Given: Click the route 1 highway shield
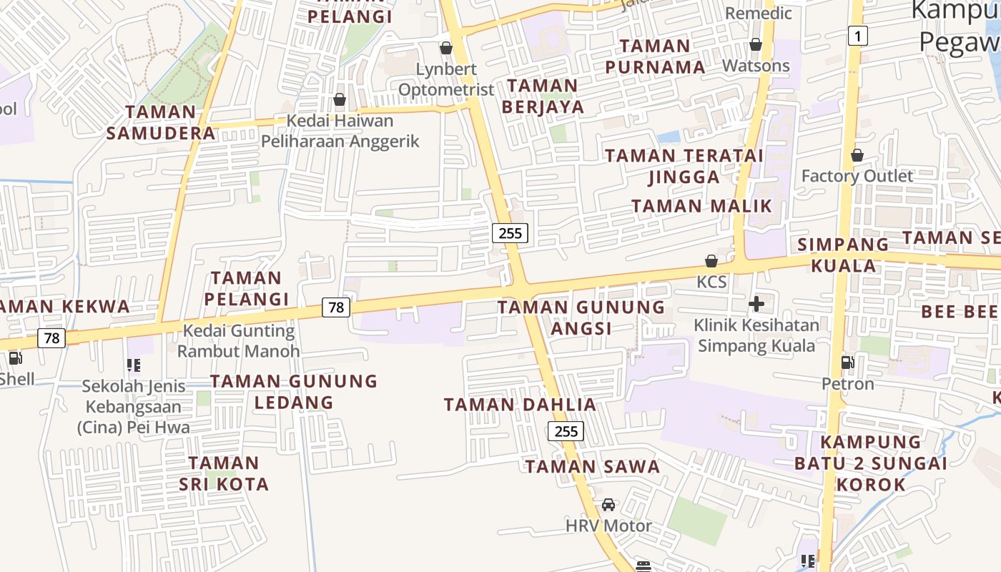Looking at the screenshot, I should pyautogui.click(x=858, y=35).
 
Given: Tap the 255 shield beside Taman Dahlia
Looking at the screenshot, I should pyautogui.click(x=566, y=431).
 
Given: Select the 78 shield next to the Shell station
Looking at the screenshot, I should pyautogui.click(x=51, y=337).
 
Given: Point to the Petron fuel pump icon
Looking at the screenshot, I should pyautogui.click(x=848, y=363).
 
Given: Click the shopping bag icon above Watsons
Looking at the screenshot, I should pyautogui.click(x=756, y=45).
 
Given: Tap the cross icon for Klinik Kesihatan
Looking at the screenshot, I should pyautogui.click(x=756, y=304).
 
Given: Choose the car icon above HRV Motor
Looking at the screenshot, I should pyautogui.click(x=608, y=505).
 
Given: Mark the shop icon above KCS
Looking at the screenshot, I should pyautogui.click(x=711, y=261).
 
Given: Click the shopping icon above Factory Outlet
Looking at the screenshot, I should pyautogui.click(x=857, y=155).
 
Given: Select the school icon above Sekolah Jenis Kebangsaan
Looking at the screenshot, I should pyautogui.click(x=133, y=365).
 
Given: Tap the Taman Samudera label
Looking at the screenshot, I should pyautogui.click(x=161, y=122).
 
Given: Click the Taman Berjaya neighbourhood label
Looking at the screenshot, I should pyautogui.click(x=543, y=97).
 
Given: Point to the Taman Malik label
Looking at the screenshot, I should pyautogui.click(x=702, y=206).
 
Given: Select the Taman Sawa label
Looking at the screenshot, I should pyautogui.click(x=593, y=467).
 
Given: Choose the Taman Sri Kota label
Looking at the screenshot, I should pyautogui.click(x=224, y=473).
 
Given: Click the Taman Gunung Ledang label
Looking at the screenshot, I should pyautogui.click(x=294, y=391).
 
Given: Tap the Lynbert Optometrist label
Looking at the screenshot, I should pyautogui.click(x=446, y=79).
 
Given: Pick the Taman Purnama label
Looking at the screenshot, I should pyautogui.click(x=655, y=56).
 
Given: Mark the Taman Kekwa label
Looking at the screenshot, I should pyautogui.click(x=64, y=307).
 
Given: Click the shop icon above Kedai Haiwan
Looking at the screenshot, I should pyautogui.click(x=340, y=99).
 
